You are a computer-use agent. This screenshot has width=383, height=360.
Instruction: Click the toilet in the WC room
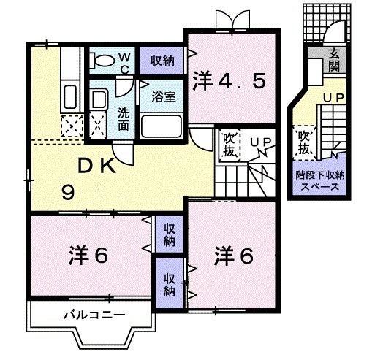tap(104, 60)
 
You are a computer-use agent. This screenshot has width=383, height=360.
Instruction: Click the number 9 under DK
tap(67, 193)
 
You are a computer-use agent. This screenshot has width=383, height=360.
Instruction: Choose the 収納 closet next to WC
tap(162, 60)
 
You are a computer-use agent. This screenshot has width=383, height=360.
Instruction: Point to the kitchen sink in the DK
tap(70, 96)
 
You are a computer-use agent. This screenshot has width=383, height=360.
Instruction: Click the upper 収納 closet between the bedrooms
tap(169, 234)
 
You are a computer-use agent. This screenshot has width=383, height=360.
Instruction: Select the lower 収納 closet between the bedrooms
tap(169, 283)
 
